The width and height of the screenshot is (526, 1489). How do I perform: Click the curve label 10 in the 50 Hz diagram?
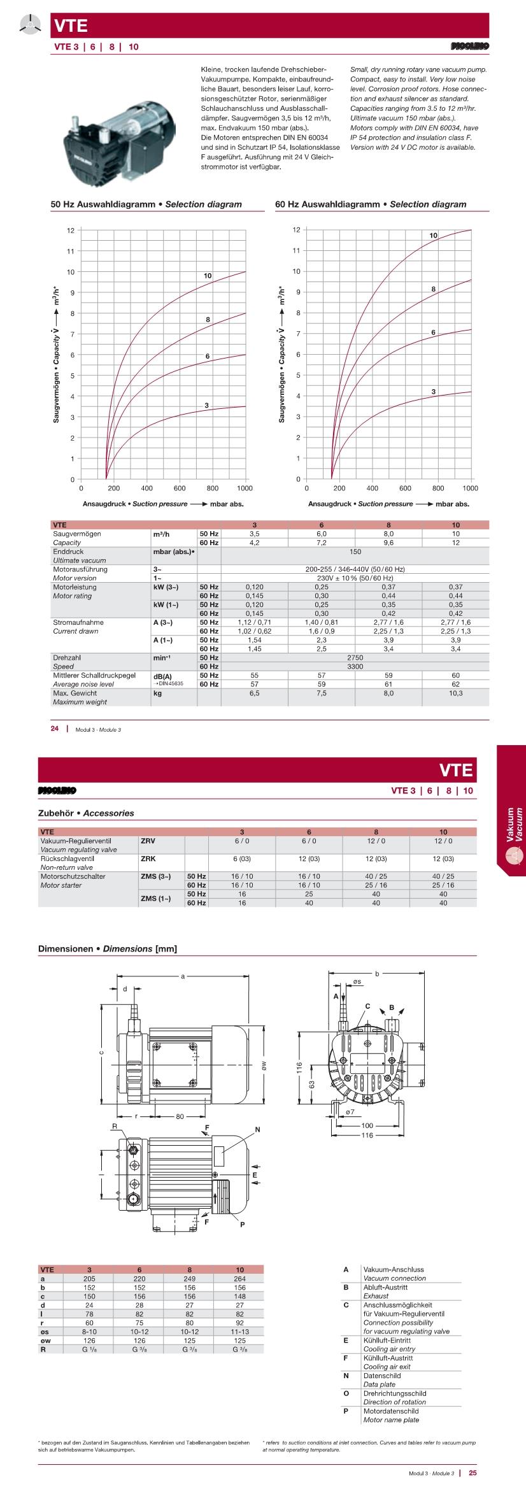click(x=208, y=276)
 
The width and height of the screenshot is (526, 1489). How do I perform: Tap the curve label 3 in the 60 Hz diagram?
click(x=434, y=391)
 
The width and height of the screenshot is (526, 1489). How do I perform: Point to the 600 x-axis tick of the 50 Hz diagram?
click(x=180, y=488)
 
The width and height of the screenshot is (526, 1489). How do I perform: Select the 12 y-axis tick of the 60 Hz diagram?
click(x=296, y=229)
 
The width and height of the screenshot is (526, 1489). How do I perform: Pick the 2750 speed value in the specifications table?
click(x=355, y=657)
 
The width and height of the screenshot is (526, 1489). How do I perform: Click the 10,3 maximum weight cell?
click(x=455, y=693)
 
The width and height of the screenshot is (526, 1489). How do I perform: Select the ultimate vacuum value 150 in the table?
click(x=355, y=552)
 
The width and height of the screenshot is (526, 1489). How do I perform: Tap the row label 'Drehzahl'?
click(x=68, y=657)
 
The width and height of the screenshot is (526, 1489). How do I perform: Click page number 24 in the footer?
click(x=55, y=729)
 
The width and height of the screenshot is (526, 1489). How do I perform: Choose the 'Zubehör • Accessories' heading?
click(x=86, y=813)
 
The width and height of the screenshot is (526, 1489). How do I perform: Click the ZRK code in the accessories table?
click(x=148, y=858)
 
